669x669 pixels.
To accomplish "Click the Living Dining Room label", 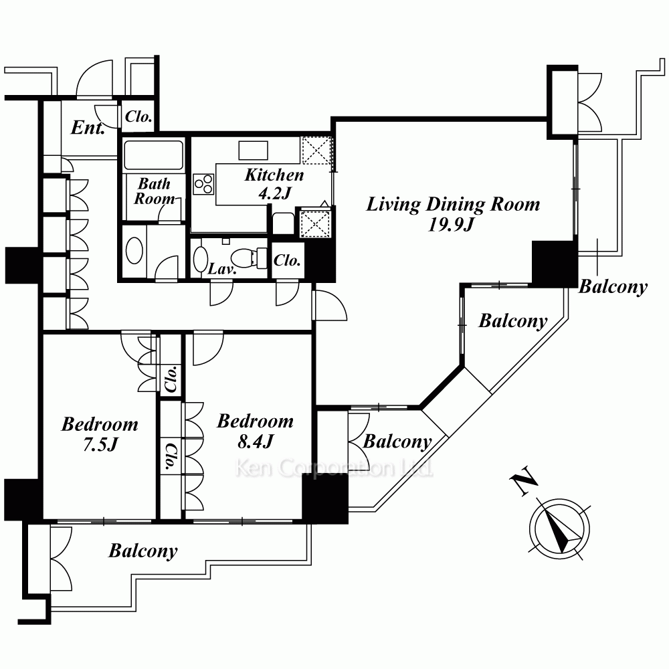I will tap(452, 204).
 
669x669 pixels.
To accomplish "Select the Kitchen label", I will tap(274, 175).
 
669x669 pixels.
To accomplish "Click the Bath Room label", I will tap(154, 191).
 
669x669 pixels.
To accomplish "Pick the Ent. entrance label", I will tap(88, 128).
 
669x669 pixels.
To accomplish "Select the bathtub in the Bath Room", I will tap(153, 156).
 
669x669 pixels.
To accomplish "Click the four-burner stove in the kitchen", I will tap(203, 183).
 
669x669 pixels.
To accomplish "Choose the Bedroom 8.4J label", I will tap(255, 431).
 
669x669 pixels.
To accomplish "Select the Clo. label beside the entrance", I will tap(138, 118).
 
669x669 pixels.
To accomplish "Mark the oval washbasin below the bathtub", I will tap(134, 252).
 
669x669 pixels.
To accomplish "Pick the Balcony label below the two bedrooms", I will tap(143, 551).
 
